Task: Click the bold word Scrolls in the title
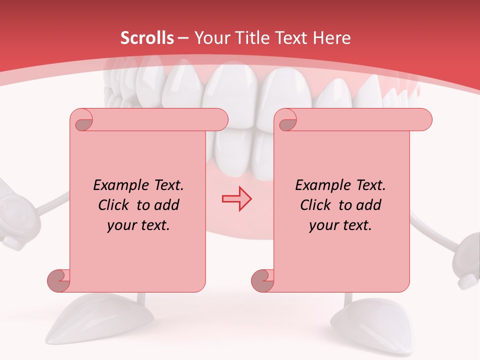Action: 147,38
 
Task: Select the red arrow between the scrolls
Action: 236,198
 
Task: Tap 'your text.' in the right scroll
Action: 340,225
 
